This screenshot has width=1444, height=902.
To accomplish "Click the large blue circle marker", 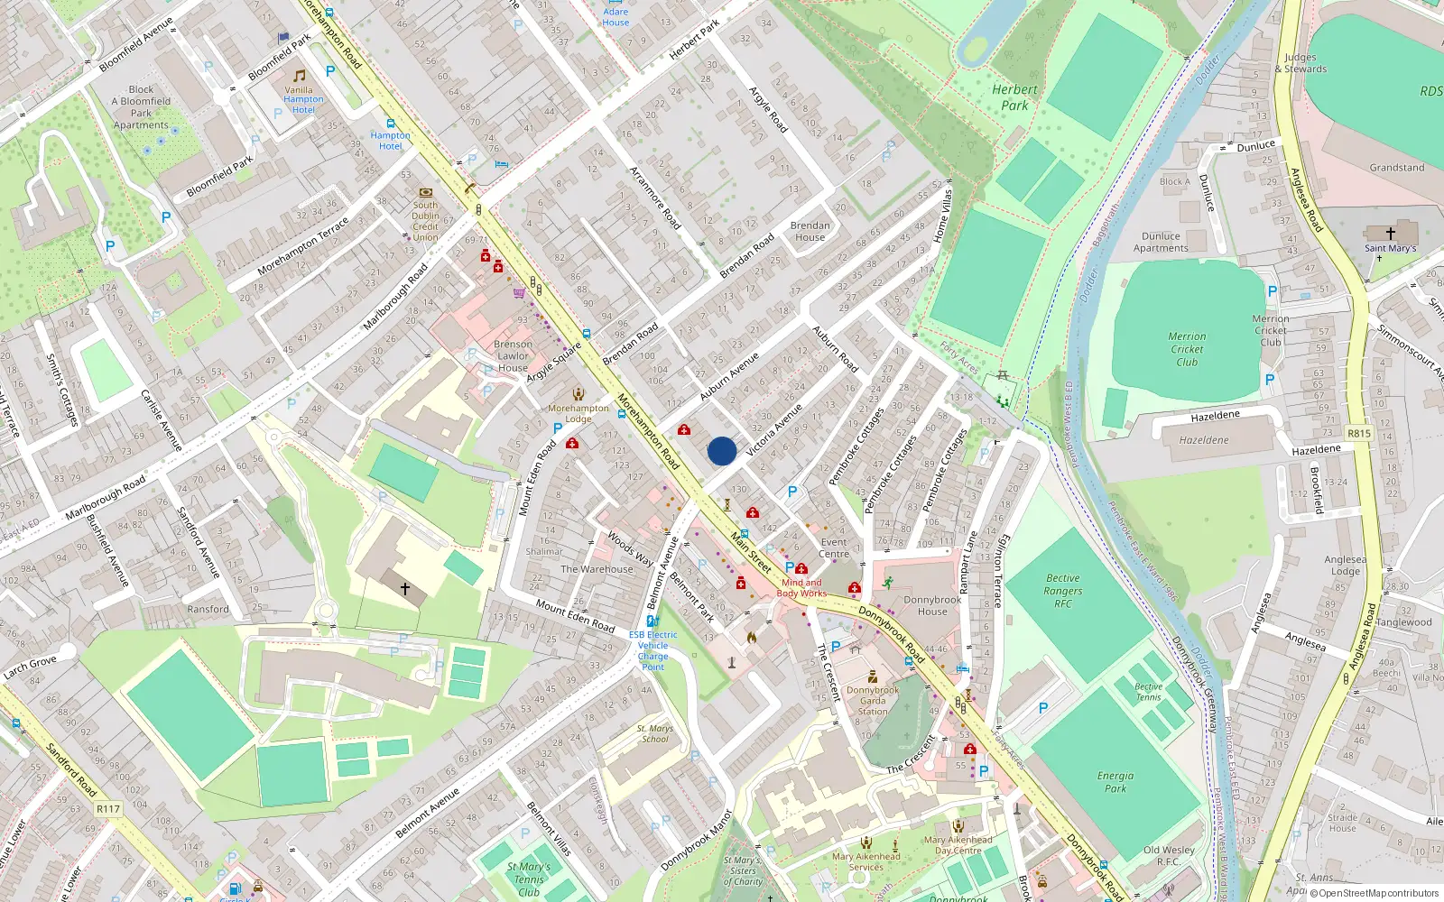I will click(x=722, y=451).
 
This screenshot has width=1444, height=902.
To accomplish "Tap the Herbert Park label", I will click(x=1014, y=97).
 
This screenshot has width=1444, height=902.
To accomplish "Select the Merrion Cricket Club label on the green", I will click(x=1187, y=349).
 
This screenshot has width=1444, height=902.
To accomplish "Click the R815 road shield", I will click(x=1359, y=434).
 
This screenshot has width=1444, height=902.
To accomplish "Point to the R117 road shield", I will click(x=108, y=809).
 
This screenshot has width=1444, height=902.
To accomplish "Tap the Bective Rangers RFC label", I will click(x=1063, y=591).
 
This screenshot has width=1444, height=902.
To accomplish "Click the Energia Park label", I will click(x=1115, y=781).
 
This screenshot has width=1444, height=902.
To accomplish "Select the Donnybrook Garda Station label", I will click(x=873, y=701).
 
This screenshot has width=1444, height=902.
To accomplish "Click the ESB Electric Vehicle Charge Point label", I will click(x=653, y=650).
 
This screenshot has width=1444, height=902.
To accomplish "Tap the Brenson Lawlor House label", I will click(x=513, y=356).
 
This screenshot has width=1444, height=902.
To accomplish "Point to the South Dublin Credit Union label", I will click(x=425, y=221).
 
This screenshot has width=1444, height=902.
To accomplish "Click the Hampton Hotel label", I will click(x=390, y=141).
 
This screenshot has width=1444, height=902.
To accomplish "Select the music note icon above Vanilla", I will click(x=299, y=76).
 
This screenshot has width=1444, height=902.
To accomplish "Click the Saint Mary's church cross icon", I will click(x=1391, y=233).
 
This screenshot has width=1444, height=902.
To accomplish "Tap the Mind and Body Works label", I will click(x=801, y=587).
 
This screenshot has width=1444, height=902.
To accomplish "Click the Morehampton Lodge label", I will click(x=579, y=413).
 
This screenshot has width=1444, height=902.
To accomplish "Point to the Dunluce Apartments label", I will click(x=1161, y=242).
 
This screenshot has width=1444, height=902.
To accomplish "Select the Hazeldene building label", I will click(x=1204, y=440).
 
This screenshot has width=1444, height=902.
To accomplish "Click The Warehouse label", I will click(x=597, y=569).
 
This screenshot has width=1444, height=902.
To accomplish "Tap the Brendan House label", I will click(x=810, y=232).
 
